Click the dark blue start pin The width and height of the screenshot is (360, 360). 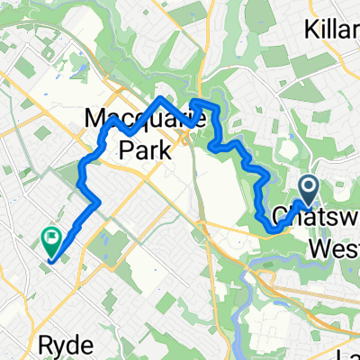pyautogui.click(x=308, y=189)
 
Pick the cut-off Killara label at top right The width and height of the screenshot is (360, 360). pyautogui.click(x=332, y=25)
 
